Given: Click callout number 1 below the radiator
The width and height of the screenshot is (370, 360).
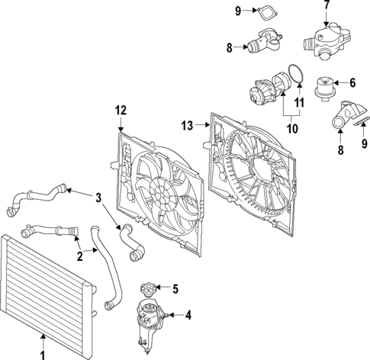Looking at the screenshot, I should (x=43, y=353).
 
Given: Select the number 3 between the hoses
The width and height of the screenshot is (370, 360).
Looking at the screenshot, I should (x=98, y=198).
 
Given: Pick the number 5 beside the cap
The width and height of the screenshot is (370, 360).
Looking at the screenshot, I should (x=175, y=288).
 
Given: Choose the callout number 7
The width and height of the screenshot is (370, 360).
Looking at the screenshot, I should (x=327, y=5).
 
